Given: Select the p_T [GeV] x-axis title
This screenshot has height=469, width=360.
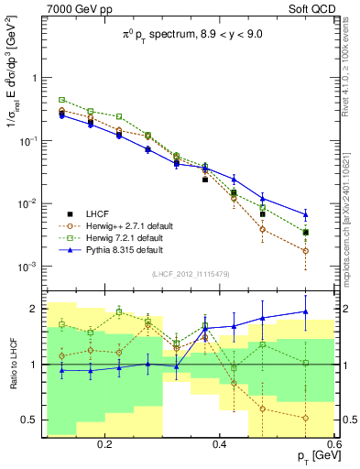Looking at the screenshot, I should (x=310, y=456).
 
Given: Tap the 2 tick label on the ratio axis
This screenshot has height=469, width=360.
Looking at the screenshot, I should (x=32, y=309).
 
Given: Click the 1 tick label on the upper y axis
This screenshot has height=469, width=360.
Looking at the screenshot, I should (x=32, y=78).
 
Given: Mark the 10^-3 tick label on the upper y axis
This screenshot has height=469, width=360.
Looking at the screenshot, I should (x=27, y=267).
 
